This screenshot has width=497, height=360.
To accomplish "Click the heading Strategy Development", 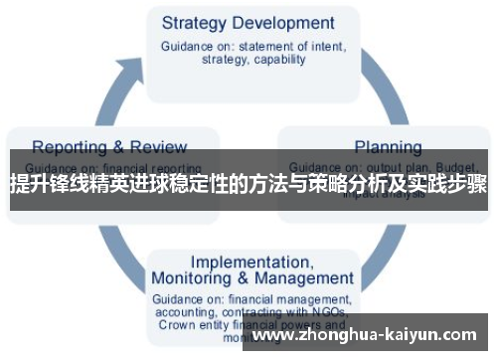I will point(248,22).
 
